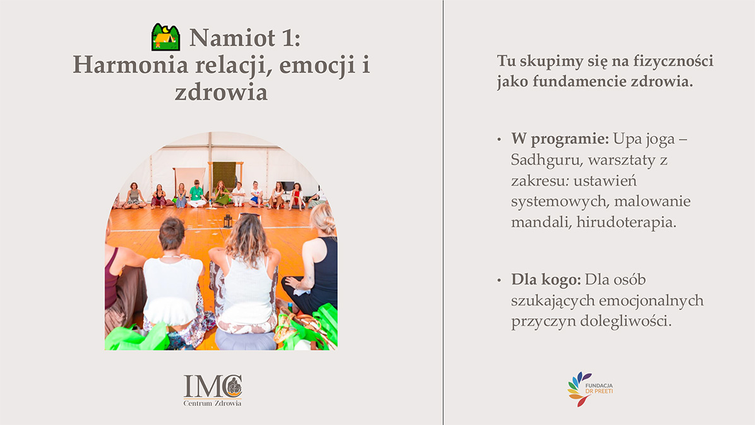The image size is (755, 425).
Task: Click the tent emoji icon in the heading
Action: (165, 37)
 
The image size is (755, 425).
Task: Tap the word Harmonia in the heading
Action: (130, 64)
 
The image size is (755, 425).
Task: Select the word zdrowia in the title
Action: (221, 92)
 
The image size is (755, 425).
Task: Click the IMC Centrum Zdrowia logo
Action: (212, 390)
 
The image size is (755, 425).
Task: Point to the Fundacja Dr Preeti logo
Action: (590, 388)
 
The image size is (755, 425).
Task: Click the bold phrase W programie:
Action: (560, 139)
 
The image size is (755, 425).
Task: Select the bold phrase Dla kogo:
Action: (546, 280)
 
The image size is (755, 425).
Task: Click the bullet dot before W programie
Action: (499, 140)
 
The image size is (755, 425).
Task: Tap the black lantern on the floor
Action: (228, 220)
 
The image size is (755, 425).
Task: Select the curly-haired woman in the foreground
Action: (246, 280)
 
